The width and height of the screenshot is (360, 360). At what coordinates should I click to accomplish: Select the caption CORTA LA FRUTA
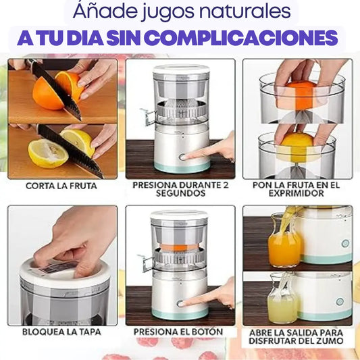click(x=61, y=186)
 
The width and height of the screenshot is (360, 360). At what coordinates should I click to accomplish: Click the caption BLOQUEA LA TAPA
click(x=61, y=332)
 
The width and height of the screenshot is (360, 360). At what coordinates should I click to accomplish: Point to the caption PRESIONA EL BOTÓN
click(x=178, y=332)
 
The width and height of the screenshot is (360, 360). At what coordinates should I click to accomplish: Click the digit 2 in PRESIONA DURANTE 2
click(x=226, y=185)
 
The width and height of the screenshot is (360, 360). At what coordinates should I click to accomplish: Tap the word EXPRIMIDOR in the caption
click(x=297, y=193)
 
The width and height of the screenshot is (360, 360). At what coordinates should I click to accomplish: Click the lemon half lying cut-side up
click(x=48, y=153)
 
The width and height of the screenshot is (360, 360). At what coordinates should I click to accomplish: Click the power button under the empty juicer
click(x=182, y=157)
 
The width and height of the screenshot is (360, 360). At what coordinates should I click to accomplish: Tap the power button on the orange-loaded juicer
click(x=180, y=304)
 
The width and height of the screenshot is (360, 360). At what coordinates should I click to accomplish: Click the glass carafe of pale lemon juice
click(x=282, y=298)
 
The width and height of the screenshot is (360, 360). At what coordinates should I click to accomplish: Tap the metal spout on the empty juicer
click(x=148, y=117)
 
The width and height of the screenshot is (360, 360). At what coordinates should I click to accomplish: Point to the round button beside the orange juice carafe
click(x=345, y=243)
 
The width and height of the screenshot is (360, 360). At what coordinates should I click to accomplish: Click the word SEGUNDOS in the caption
click(x=181, y=193)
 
